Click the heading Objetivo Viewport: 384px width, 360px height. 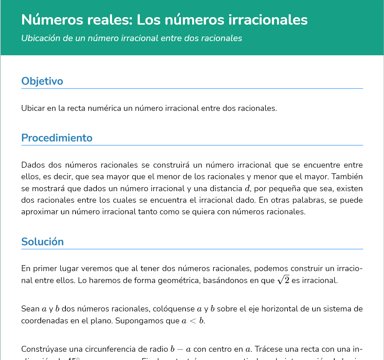point(42,81)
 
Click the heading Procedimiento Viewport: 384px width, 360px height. point(57,138)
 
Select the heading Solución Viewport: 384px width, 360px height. point(42,242)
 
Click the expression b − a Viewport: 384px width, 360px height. point(181,350)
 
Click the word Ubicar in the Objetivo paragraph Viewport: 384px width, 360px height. point(32,109)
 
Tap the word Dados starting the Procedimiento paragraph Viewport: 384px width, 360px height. point(32,165)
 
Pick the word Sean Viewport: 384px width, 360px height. point(30,309)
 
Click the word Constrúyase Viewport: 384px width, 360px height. point(43,350)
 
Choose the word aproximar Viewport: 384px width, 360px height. point(38,212)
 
